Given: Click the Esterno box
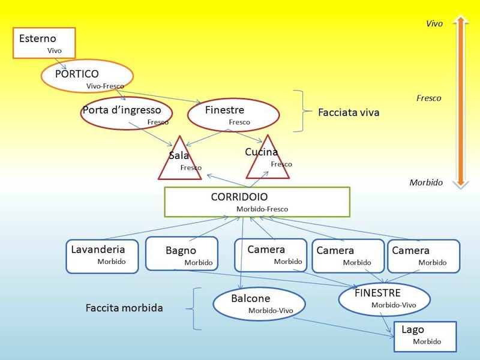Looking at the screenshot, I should click(44, 43).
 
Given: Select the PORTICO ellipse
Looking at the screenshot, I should click(87, 76).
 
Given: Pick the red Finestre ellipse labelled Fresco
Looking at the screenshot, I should click(233, 113).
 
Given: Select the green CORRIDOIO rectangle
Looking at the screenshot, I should click(257, 202).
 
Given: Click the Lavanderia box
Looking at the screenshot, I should click(101, 256).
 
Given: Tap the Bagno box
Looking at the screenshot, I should click(181, 254).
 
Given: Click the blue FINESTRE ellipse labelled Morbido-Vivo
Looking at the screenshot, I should click(384, 299).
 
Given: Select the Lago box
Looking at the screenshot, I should click(425, 337).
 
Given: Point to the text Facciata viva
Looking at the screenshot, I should click(349, 112).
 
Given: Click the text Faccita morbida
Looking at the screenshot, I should click(124, 308).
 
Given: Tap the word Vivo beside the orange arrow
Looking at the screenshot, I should click(434, 24).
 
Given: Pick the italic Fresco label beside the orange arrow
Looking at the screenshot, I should click(428, 98).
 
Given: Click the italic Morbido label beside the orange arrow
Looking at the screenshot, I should click(426, 182).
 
